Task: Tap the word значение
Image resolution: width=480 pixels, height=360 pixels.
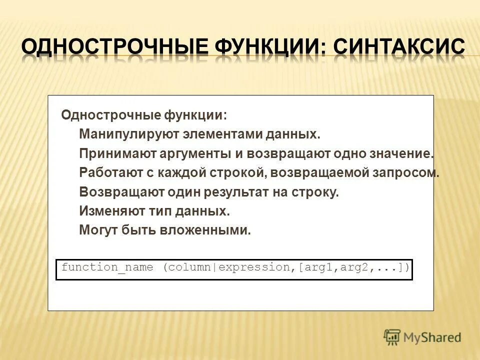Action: (402, 153)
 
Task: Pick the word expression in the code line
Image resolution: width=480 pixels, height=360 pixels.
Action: (254, 267)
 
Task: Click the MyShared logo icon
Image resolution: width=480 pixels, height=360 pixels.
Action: (392, 336)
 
